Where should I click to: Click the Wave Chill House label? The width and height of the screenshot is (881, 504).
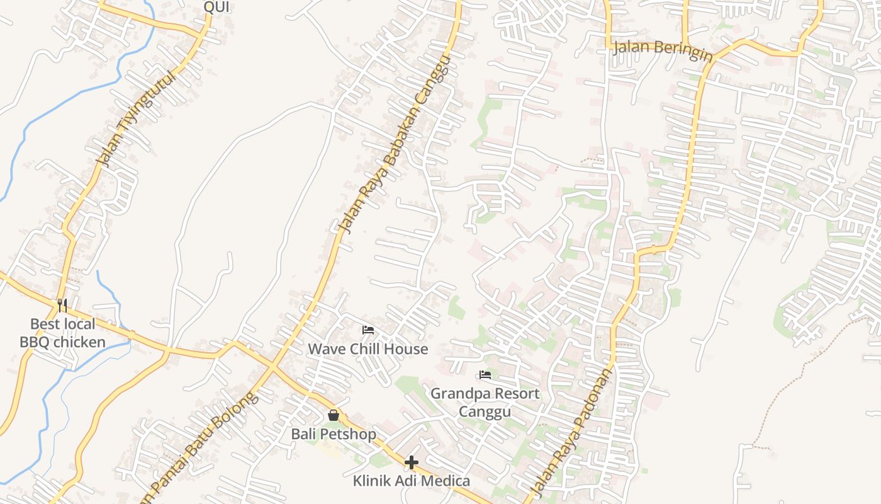[368, 349]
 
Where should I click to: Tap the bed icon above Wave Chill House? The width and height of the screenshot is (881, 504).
[368, 329]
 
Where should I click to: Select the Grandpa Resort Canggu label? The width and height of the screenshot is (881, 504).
[485, 402]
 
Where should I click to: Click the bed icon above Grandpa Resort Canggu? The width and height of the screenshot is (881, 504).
[485, 375]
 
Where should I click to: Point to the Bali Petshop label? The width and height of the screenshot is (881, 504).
[334, 434]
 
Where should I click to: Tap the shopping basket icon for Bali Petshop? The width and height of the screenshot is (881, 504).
[334, 415]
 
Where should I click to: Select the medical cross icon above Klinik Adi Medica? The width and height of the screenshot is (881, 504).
[411, 463]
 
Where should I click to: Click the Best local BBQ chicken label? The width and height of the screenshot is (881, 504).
[63, 333]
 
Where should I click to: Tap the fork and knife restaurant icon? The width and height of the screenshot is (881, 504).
[62, 306]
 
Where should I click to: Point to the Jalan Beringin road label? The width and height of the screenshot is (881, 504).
[663, 50]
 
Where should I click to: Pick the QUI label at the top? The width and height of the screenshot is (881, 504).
[216, 8]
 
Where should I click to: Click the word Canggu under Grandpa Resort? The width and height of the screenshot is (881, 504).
[485, 411]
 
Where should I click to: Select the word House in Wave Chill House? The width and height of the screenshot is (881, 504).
[406, 349]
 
